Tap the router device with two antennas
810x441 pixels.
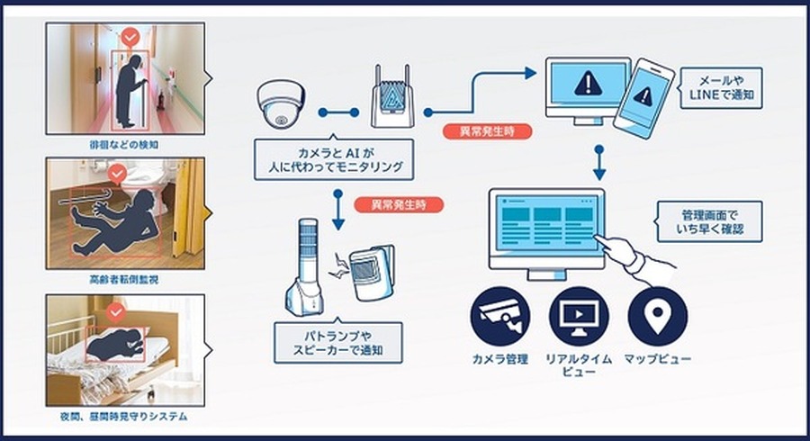(x=392, y=98)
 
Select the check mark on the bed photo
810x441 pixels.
(x=116, y=312)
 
